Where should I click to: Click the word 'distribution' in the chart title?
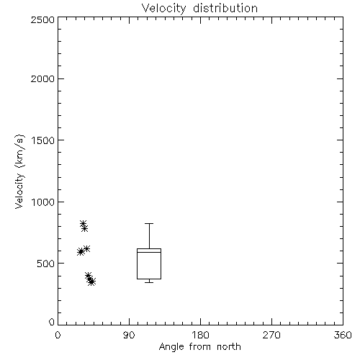click(225, 8)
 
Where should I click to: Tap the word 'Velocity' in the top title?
click(164, 9)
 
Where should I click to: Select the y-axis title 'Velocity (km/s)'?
click(19, 171)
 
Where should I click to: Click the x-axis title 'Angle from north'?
click(200, 347)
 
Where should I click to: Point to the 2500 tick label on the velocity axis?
click(42, 19)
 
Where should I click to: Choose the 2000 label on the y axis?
click(42, 78)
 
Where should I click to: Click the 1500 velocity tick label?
click(43, 140)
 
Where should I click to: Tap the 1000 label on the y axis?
click(43, 202)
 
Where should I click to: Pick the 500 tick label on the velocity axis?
click(46, 264)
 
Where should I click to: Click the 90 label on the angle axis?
click(129, 335)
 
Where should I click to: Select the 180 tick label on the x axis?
click(200, 335)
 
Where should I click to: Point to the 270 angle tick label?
click(271, 335)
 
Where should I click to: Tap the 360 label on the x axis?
click(343, 335)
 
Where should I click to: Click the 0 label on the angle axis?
click(58, 335)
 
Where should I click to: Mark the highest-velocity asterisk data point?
click(83, 224)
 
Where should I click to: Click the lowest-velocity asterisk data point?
click(91, 282)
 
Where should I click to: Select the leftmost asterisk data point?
click(81, 252)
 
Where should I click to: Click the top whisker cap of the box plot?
click(149, 224)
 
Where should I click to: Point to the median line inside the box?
click(149, 252)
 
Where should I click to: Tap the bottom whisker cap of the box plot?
click(149, 282)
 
